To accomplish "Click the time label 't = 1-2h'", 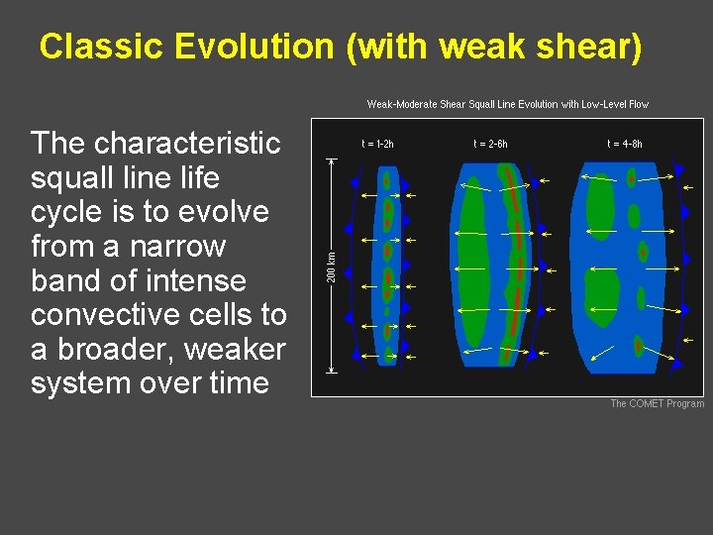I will tap(377, 144).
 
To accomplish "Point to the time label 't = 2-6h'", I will tap(490, 144).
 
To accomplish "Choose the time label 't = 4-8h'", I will tap(625, 144).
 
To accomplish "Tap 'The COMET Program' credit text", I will tap(657, 403).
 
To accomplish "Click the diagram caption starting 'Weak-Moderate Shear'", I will tap(508, 104).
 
